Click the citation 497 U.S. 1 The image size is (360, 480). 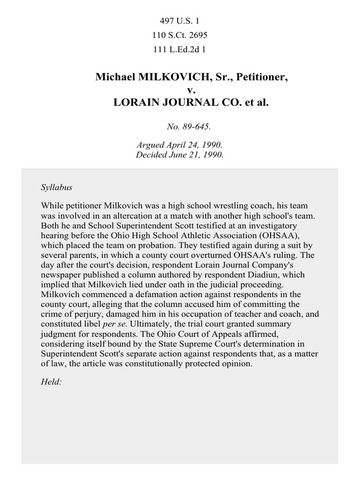tap(180, 20)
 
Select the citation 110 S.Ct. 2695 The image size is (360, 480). tap(180, 35)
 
